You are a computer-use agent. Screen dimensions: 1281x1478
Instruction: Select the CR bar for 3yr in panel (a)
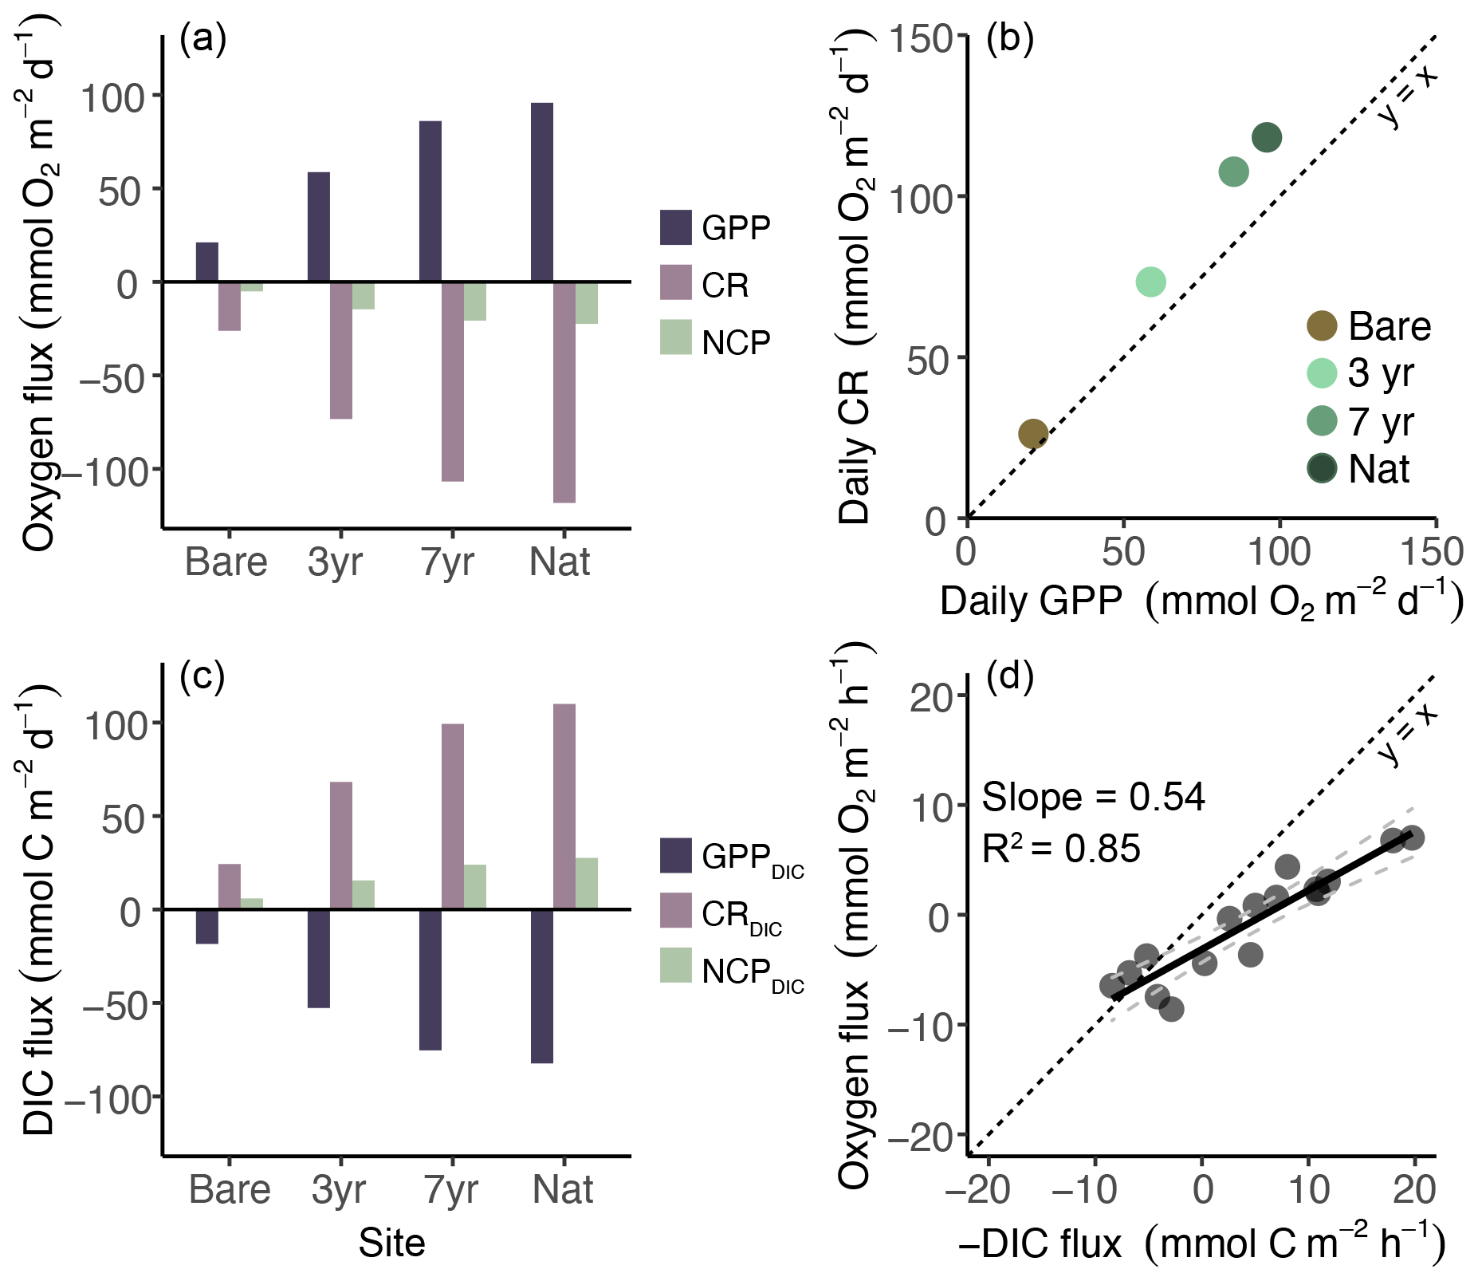(341, 350)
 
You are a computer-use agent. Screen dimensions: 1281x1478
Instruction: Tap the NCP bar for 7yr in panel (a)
(475, 301)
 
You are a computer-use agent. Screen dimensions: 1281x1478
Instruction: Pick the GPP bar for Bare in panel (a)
(207, 262)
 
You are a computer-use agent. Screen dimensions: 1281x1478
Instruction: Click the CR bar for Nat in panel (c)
(564, 806)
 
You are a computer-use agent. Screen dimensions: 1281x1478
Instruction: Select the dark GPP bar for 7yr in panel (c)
(430, 979)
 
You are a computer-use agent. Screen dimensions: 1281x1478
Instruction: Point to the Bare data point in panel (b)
(1033, 434)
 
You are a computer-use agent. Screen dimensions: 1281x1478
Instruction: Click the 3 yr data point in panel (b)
(1150, 282)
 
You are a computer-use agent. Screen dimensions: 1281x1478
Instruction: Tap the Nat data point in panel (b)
(1267, 137)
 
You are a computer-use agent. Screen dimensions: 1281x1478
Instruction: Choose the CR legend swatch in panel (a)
(676, 282)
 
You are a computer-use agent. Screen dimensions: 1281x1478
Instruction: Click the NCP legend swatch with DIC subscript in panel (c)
(676, 965)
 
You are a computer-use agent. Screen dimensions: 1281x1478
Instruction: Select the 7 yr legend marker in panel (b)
(1323, 421)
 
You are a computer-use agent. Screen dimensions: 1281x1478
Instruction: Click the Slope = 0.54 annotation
(1093, 797)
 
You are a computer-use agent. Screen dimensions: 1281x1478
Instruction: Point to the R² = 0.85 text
(1061, 848)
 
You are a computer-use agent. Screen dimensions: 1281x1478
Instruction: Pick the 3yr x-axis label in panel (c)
(339, 1189)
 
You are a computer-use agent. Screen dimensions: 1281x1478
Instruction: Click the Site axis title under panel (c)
(391, 1243)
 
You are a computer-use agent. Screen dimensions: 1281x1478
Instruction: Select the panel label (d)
(1010, 676)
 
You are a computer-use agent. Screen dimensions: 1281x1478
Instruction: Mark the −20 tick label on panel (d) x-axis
(978, 1189)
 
